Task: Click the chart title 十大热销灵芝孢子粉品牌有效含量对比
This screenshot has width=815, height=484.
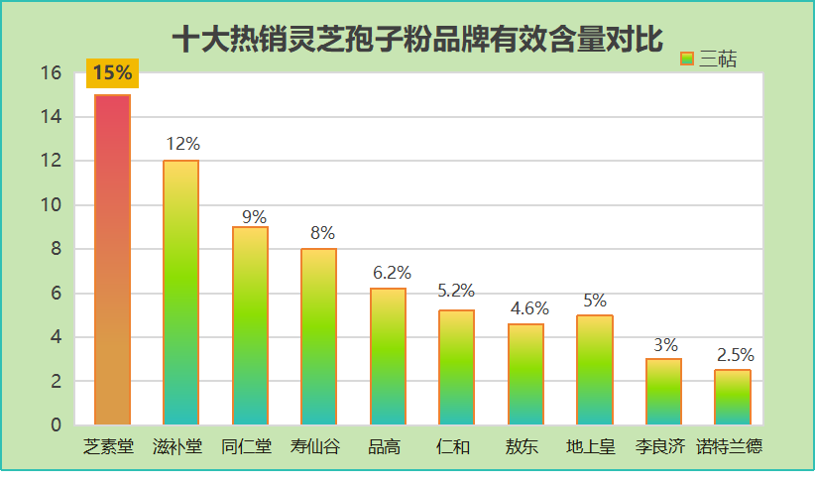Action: pyautogui.click(x=416, y=40)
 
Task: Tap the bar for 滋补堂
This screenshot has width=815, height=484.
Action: pyautogui.click(x=180, y=293)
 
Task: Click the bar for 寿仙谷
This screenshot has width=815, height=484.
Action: pyautogui.click(x=318, y=336)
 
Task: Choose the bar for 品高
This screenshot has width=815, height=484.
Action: pyautogui.click(x=388, y=356)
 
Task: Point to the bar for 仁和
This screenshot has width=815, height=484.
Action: pyautogui.click(x=456, y=367)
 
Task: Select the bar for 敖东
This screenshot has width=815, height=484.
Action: pyautogui.click(x=525, y=374)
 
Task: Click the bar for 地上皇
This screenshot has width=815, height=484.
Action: pyautogui.click(x=594, y=369)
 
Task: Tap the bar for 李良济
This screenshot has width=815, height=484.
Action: pyautogui.click(x=663, y=392)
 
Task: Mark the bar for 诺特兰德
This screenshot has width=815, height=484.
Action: pyautogui.click(x=732, y=397)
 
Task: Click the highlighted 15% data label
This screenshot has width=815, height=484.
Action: pyautogui.click(x=112, y=72)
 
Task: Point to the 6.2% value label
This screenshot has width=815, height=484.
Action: pyautogui.click(x=392, y=273)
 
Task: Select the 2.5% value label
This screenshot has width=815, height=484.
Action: pyautogui.click(x=736, y=355)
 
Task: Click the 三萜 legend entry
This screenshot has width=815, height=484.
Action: pyautogui.click(x=709, y=60)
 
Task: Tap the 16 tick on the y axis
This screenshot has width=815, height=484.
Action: pyautogui.click(x=52, y=73)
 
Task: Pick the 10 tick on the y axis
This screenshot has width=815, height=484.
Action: pyautogui.click(x=52, y=205)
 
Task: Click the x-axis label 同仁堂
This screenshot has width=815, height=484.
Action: pyautogui.click(x=246, y=447)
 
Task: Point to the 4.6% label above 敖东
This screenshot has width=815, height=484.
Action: pyautogui.click(x=529, y=308)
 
